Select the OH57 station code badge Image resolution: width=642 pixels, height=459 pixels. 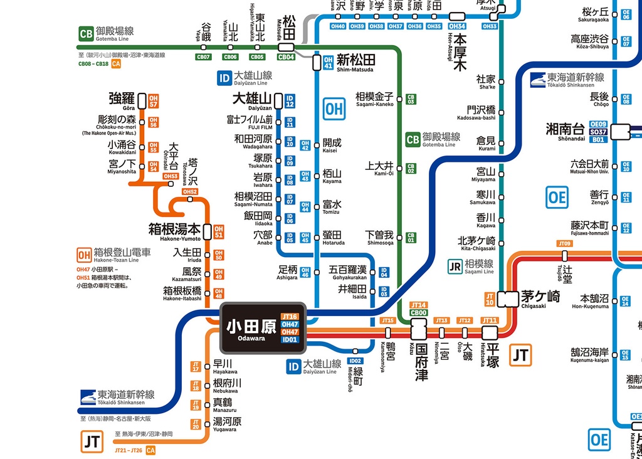click(x=154, y=101)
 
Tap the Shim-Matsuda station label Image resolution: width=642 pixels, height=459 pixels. click(x=355, y=62)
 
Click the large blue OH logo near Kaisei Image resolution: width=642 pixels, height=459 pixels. click(x=334, y=108)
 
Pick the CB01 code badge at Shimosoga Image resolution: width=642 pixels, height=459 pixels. click(x=411, y=237)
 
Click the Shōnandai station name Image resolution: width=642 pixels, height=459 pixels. click(x=565, y=132)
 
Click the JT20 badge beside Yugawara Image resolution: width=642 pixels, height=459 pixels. click(x=196, y=424)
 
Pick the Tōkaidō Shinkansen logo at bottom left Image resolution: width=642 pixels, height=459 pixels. click(x=90, y=398)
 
